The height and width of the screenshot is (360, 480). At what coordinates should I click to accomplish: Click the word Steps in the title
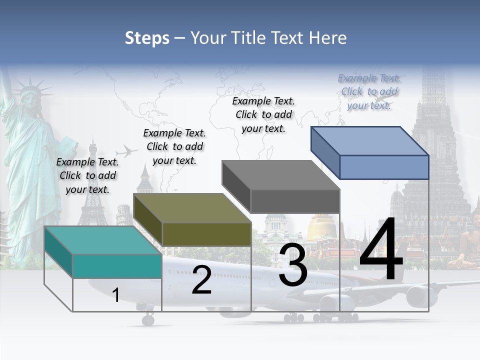(x=147, y=38)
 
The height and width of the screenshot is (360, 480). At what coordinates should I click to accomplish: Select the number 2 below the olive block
(x=201, y=280)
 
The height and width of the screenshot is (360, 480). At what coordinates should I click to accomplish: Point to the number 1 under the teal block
(x=115, y=295)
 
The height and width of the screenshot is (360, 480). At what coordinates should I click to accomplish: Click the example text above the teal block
(x=88, y=175)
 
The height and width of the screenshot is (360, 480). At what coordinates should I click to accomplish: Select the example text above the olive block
(x=174, y=146)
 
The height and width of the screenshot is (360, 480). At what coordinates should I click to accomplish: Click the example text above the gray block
(x=263, y=114)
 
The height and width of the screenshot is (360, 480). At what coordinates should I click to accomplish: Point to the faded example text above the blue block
(x=369, y=91)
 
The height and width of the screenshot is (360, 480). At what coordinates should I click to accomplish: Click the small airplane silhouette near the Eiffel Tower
(x=126, y=151)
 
